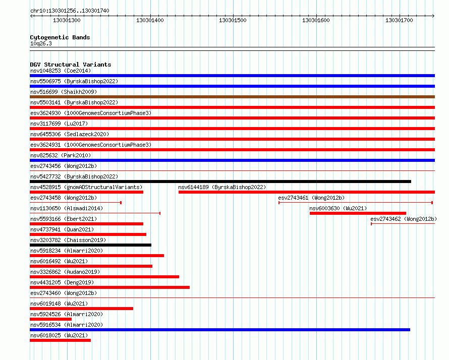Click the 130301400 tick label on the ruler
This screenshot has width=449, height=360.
[150, 20]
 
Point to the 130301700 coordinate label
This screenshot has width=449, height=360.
[399, 20]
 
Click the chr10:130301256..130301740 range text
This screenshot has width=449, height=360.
[70, 11]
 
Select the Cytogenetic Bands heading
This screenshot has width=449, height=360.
[60, 37]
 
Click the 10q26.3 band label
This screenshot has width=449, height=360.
[41, 43]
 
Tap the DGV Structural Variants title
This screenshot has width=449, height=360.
[71, 65]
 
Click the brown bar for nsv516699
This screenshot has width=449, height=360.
[232, 97]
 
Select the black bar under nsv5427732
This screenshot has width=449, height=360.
[220, 182]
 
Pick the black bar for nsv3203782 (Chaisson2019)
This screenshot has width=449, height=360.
[90, 245]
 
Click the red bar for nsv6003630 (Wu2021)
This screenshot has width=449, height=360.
[358, 213]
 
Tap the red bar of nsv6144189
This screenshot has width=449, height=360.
[307, 192]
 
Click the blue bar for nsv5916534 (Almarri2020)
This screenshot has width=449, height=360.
[220, 330]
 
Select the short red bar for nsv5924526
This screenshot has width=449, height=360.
[50, 319]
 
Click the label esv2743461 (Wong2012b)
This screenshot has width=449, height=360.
[311, 198]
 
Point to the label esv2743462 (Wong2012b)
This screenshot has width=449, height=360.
[404, 219]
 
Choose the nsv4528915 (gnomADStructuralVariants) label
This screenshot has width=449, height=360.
[86, 187]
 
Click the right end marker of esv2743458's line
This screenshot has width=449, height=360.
[121, 203]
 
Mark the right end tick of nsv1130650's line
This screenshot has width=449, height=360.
[160, 213]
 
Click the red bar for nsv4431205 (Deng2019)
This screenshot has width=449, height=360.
[109, 287]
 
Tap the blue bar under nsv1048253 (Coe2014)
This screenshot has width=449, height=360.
[232, 76]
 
